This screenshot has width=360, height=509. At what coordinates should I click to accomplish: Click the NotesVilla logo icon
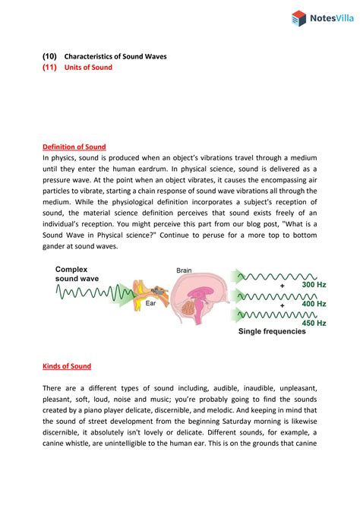(x=298, y=18)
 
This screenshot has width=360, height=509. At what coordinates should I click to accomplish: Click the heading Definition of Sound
(x=74, y=147)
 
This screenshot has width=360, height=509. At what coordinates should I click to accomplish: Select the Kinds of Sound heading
(x=67, y=366)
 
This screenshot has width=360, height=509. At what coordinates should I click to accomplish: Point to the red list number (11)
(x=49, y=68)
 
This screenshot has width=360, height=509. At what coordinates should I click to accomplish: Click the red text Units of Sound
(x=88, y=68)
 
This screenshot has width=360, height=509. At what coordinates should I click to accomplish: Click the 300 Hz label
(x=313, y=284)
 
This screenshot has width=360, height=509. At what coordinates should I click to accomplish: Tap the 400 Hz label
(x=313, y=304)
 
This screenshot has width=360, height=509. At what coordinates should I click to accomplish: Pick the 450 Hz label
(x=313, y=323)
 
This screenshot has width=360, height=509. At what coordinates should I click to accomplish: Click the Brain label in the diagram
(x=185, y=270)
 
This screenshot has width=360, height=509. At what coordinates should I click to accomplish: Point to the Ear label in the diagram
(x=151, y=302)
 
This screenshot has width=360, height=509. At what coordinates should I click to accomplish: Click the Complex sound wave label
(x=77, y=274)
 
